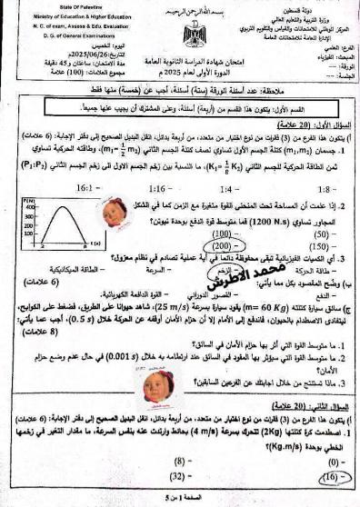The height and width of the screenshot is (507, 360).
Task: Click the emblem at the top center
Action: [x=193, y=37]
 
